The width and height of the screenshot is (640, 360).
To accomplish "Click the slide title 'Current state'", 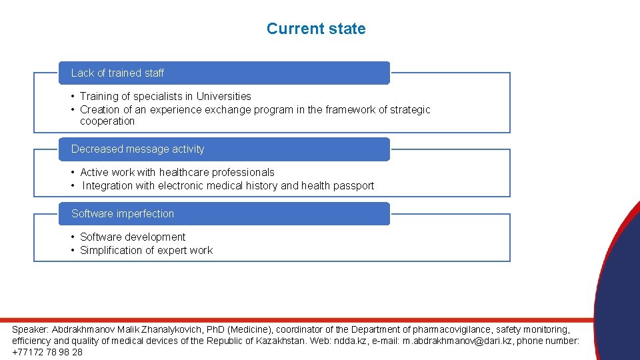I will coord(316,29).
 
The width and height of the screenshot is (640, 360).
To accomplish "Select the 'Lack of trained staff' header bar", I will coord(223,73).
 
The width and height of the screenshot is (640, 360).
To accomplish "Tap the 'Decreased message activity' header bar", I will coord(223,149).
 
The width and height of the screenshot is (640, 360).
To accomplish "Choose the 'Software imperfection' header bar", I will coord(223,213).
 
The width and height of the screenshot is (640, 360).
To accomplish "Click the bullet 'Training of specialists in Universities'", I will coord(165,96).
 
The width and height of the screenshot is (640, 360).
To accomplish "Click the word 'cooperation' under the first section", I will coord(107,121).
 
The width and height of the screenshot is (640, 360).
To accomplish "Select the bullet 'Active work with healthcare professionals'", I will coord(177,172).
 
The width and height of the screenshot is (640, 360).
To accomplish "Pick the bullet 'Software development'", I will coord(133,237).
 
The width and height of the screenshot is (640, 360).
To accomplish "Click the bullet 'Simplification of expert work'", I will coord(146,250).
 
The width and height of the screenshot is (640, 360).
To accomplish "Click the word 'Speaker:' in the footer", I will coord(31,329).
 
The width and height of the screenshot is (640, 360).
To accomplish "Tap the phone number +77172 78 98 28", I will coord(47,352).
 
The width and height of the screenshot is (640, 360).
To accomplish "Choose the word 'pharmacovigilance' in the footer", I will coord(453,329).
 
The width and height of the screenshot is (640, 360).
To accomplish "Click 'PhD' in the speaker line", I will coord(214,329).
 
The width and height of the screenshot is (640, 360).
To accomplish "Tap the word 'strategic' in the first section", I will coord(409,109).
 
